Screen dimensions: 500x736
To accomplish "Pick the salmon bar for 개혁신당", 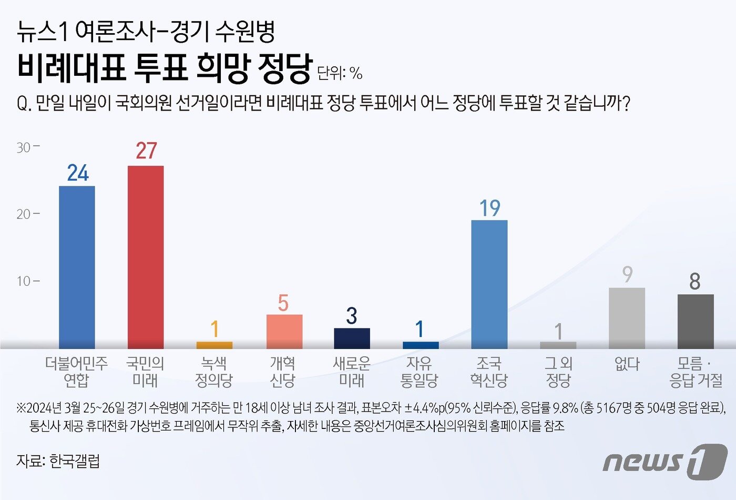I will (284, 332).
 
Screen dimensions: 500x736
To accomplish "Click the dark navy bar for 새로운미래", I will (352, 338).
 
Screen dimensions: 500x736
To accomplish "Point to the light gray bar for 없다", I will (627, 318).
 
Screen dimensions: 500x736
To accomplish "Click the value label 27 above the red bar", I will (146, 151).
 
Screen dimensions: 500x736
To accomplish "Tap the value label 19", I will (489, 209).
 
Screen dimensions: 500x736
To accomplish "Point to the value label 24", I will (78, 173).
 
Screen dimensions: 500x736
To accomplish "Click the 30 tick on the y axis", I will (24, 147).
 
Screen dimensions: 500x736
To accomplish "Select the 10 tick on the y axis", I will (24, 281).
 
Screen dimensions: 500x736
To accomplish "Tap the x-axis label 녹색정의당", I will (214, 372).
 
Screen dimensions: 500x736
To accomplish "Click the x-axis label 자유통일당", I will (419, 372).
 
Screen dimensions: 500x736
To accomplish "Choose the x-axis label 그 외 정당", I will (558, 372).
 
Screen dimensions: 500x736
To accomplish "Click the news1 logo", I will (665, 462).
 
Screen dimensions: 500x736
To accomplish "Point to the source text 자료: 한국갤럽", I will (58, 461).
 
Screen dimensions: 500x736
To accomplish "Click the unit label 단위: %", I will (340, 73).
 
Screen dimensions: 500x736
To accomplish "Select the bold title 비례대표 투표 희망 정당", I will (165, 68).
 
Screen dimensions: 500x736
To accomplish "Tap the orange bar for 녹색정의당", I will (214, 345).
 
